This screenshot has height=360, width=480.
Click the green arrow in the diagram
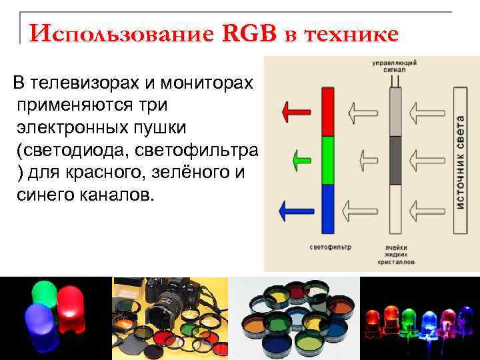pyautogui.click(x=302, y=159)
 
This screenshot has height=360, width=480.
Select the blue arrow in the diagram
pyautogui.click(x=293, y=211)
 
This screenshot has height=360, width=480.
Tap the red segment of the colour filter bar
pyautogui.click(x=327, y=112)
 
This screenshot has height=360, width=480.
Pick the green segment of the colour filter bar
pyautogui.click(x=327, y=160)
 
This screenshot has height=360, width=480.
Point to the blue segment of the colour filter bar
pyautogui.click(x=327, y=209)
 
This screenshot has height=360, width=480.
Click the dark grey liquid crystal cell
pyautogui.click(x=395, y=160)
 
